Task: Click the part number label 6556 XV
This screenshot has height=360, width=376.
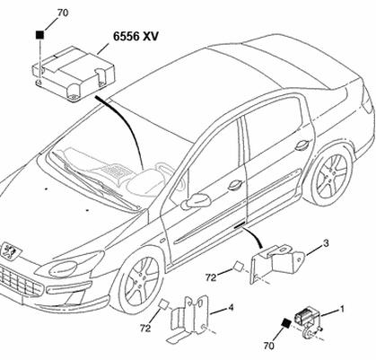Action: tap(136, 36)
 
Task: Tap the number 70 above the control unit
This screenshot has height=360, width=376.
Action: tap(63, 13)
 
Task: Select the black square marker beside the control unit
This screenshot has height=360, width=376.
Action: tap(39, 35)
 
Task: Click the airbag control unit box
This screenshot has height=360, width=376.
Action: tap(73, 74)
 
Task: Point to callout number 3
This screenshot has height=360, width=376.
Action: tap(326, 243)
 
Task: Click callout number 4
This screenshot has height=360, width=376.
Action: tap(231, 308)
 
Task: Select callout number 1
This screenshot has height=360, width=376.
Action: tap(342, 309)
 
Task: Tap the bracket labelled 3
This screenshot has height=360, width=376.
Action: tap(276, 262)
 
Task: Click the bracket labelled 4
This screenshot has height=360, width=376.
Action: tap(189, 318)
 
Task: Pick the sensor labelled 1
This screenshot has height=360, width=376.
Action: tap(309, 324)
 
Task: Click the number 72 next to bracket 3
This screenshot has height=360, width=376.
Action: tap(211, 277)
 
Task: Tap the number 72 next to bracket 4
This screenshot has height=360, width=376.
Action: tap(145, 329)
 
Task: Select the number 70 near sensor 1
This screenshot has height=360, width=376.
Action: tap(268, 346)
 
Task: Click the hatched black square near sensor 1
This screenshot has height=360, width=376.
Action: tap(286, 323)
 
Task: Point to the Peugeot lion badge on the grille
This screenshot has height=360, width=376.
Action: tap(10, 250)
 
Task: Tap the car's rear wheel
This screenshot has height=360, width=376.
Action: tap(331, 176)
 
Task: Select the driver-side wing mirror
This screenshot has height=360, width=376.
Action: tap(196, 201)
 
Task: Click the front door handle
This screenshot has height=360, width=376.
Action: tap(236, 185)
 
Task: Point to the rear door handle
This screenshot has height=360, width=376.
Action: tap(302, 145)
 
